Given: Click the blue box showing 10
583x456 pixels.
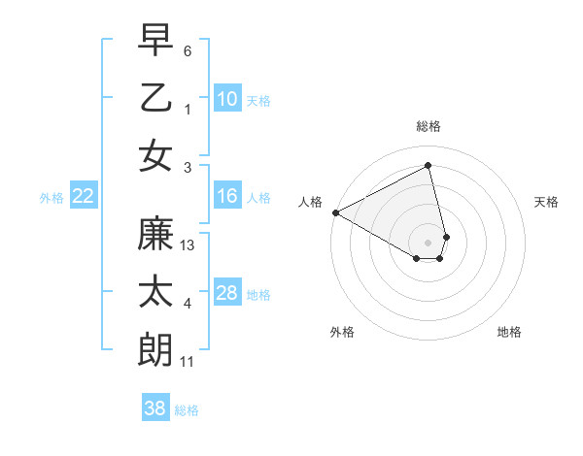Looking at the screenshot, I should tap(226, 98).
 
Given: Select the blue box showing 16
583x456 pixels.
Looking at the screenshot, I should tap(226, 196).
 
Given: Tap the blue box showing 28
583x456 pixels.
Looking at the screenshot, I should tap(226, 293).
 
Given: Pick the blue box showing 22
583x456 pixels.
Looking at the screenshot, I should tap(83, 196).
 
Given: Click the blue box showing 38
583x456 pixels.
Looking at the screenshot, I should tap(155, 408).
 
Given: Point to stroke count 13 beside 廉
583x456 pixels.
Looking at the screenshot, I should tap(189, 246).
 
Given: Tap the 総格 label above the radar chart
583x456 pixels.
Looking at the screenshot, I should tap(429, 126).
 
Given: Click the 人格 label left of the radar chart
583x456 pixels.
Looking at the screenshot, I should tap(310, 202).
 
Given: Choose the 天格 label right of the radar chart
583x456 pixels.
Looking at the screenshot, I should tap(547, 202).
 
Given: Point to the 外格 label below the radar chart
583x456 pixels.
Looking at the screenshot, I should tap(342, 332).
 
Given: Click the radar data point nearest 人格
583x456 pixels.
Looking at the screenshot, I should tap(335, 212).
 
